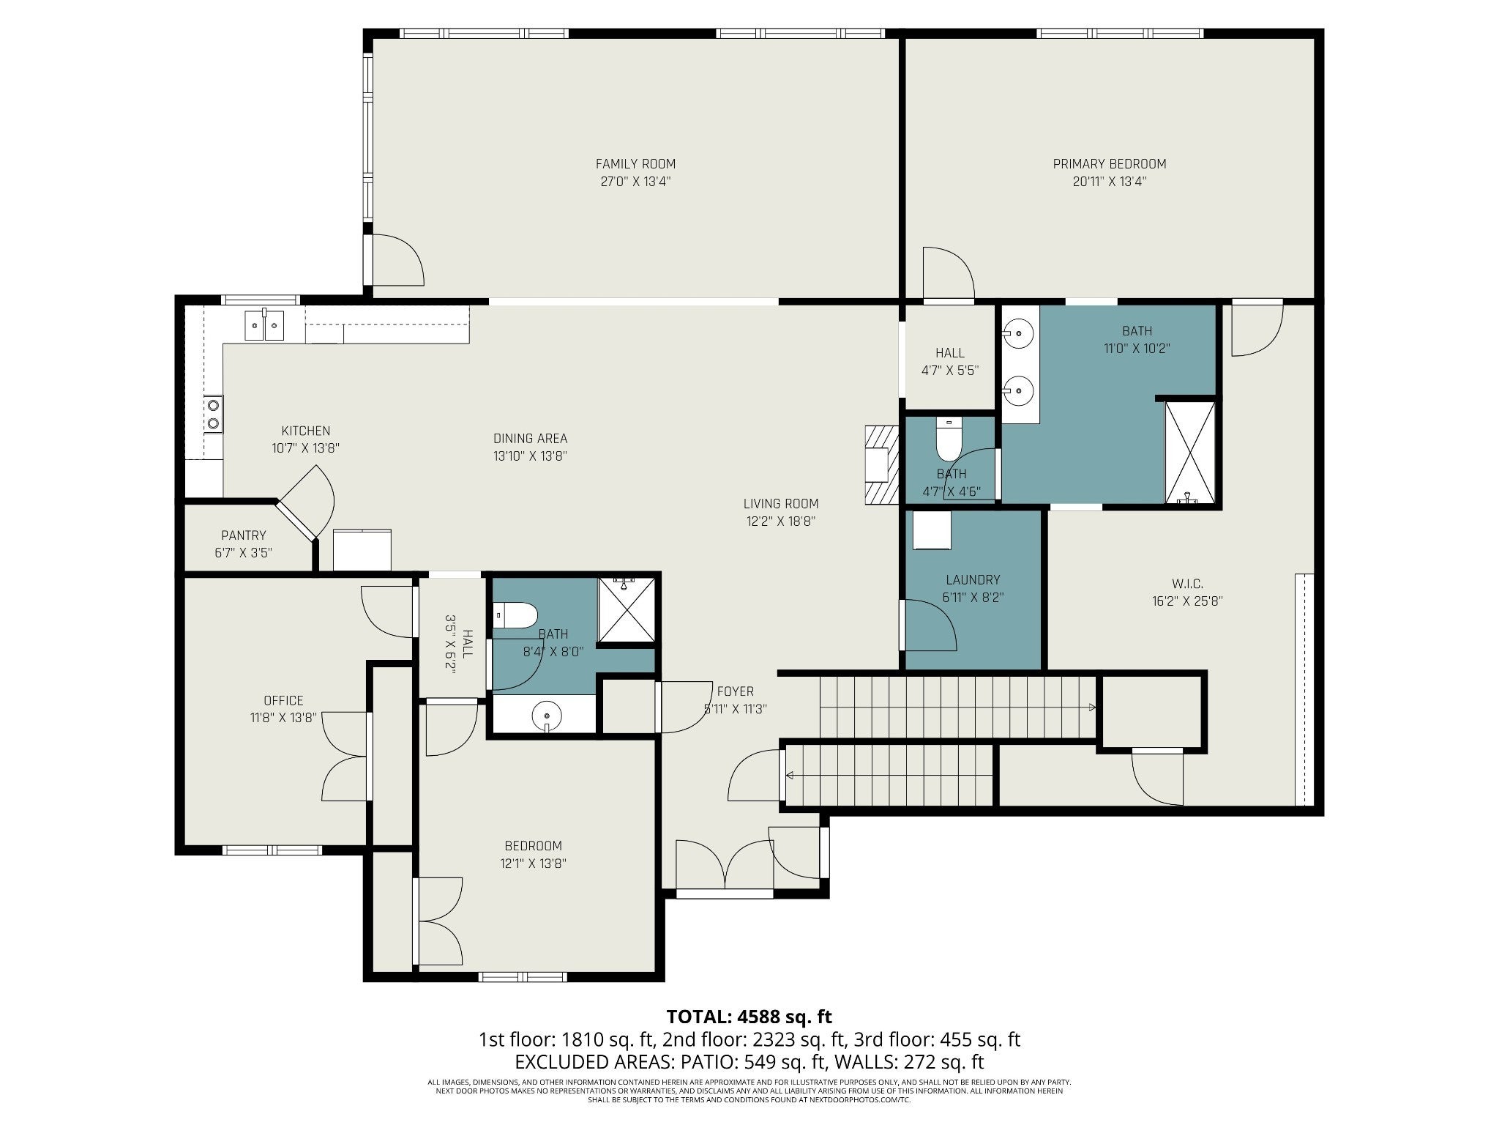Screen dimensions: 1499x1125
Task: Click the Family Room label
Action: pos(635,164)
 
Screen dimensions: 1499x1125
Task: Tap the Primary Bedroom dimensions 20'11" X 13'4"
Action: pos(1110,182)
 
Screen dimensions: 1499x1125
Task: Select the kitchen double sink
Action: pos(263,324)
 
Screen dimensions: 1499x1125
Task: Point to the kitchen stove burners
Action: pos(214,413)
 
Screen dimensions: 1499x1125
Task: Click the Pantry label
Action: pos(244,535)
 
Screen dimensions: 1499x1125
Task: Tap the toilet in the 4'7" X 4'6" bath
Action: pos(949,439)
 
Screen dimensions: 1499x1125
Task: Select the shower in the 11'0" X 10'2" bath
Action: pos(1189,452)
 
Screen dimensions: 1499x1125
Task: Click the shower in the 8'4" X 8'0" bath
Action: pos(627,610)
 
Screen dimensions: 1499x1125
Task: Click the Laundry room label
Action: pos(972,580)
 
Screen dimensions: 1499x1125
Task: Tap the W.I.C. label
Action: pos(1187,584)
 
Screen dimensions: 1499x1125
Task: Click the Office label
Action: pos(283,701)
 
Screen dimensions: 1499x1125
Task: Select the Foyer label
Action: pos(735,691)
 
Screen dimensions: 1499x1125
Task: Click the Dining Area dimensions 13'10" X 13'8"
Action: pos(531,456)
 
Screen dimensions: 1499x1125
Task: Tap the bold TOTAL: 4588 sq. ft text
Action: pos(749,1017)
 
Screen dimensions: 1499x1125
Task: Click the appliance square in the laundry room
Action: pos(931,530)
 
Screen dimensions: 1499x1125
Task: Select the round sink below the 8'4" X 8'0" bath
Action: pos(546,714)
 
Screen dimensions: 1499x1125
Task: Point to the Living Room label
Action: pos(781,504)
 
